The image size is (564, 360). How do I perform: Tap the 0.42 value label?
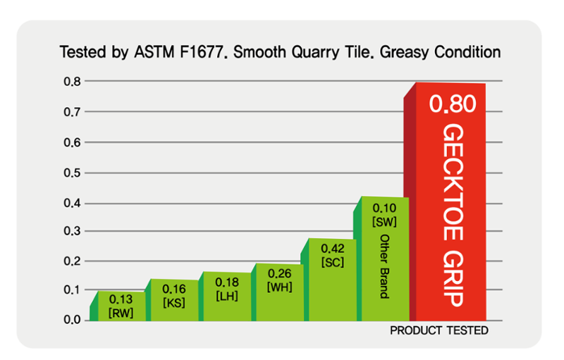tap(332, 249)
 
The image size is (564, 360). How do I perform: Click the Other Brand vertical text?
tap(385, 266)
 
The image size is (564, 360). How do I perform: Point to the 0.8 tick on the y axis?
tap(72, 81)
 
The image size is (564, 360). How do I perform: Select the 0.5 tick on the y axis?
tap(72, 173)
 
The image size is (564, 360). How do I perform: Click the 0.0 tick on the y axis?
tap(72, 320)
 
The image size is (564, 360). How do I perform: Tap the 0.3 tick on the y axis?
tap(72, 231)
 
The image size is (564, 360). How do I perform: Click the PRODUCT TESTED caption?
tap(439, 330)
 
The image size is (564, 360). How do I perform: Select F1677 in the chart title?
tap(204, 52)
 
